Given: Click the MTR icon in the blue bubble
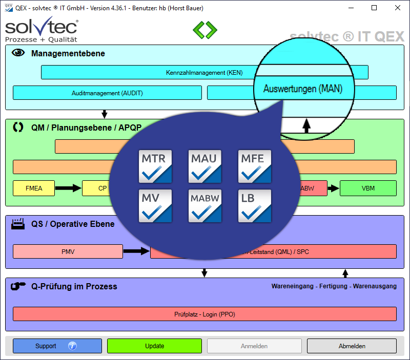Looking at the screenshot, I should [x=155, y=166].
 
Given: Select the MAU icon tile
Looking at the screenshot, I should [x=205, y=166].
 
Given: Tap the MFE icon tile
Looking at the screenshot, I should [x=255, y=166].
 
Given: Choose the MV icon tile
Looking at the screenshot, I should [x=155, y=206].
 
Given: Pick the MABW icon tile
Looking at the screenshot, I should [x=205, y=206].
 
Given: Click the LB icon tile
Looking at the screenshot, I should [x=255, y=206].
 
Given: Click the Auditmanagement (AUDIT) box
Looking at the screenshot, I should [x=107, y=93].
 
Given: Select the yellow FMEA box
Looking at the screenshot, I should [x=34, y=188].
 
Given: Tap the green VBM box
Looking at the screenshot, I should [x=368, y=188].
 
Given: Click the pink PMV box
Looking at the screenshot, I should [x=68, y=251].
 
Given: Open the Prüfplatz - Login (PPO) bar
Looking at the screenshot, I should [x=204, y=314].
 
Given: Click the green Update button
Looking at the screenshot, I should [x=154, y=346].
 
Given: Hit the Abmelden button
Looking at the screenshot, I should [x=352, y=346].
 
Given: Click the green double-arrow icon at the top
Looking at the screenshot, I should [x=205, y=29].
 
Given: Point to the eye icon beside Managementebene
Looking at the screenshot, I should [x=18, y=53].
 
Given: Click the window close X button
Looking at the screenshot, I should [x=398, y=8].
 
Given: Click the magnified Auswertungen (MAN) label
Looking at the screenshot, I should [x=302, y=89].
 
